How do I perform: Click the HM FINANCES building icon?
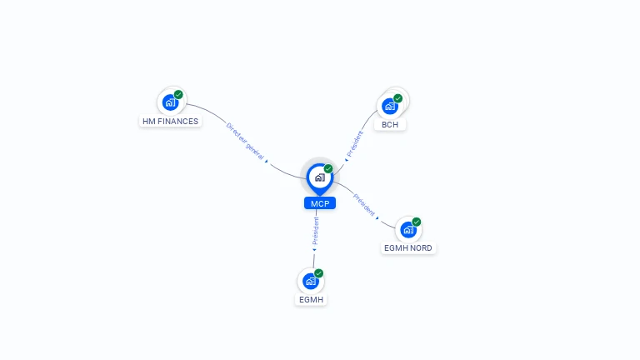coord(170,102)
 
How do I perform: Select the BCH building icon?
coord(389,106)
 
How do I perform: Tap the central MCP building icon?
coord(319,177)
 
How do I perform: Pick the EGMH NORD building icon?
coord(407,229)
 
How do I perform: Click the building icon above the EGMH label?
coord(310,281)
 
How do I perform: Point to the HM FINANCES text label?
coord(171,122)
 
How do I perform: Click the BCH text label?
coord(390,125)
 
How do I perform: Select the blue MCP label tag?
coord(320,203)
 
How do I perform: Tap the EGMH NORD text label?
coord(409,248)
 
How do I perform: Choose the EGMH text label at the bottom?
coord(311,300)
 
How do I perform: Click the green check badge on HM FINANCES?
coord(178,95)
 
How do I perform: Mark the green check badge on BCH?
coord(398,98)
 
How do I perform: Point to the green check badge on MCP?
coord(328,169)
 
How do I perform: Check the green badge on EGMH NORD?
coord(417,222)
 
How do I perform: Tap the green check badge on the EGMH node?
coord(319,273)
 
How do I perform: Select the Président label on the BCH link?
coord(354,142)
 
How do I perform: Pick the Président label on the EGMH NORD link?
coord(364,204)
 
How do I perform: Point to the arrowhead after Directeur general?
coord(267,162)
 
